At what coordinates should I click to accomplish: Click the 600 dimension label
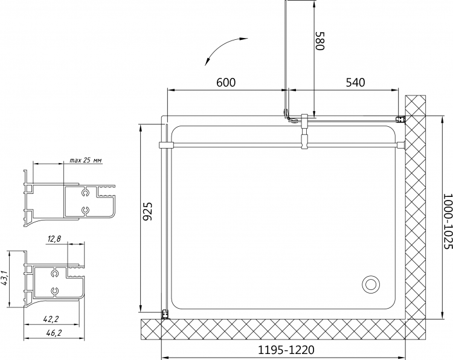[226, 82]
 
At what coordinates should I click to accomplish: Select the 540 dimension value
[355, 82]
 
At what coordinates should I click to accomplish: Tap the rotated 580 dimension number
[320, 40]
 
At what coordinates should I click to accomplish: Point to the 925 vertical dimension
[147, 211]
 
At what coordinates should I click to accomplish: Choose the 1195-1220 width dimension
[286, 350]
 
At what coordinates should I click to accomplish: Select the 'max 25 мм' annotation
[86, 160]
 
